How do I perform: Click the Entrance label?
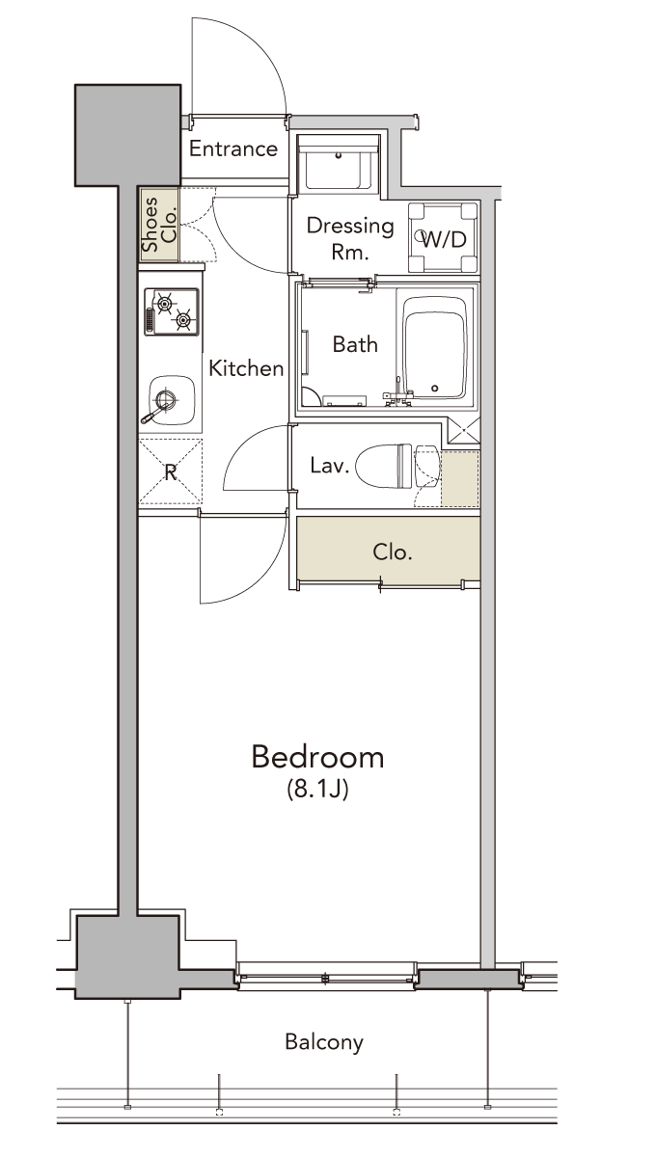pyautogui.click(x=233, y=148)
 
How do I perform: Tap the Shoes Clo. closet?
pyautogui.click(x=159, y=224)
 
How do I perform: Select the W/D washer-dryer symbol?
pyautogui.click(x=444, y=237)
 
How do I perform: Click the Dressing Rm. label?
pyautogui.click(x=350, y=238)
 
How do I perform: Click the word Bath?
pyautogui.click(x=355, y=344)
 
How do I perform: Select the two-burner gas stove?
pyautogui.click(x=172, y=312)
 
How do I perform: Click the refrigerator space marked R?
pyautogui.click(x=171, y=471)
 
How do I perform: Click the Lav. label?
pyautogui.click(x=329, y=466)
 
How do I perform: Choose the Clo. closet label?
pyautogui.click(x=393, y=552)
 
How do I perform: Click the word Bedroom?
pyautogui.click(x=318, y=758)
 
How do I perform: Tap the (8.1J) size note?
pyautogui.click(x=318, y=790)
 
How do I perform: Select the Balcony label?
pyautogui.click(x=324, y=1042)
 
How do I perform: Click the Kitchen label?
pyautogui.click(x=246, y=368)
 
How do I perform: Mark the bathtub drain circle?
pyautogui.click(x=435, y=388)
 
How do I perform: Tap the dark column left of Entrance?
pyautogui.click(x=128, y=135)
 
